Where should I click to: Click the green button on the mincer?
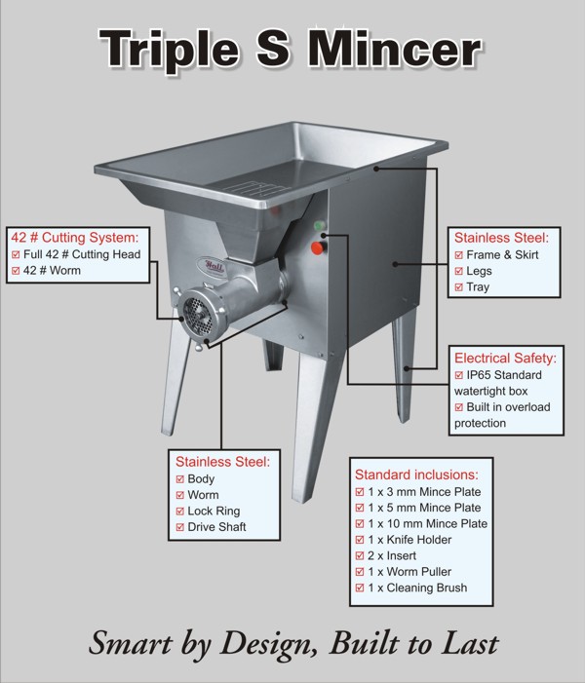[319, 228]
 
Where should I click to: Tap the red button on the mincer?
[316, 247]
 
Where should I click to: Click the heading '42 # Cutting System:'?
[75, 237]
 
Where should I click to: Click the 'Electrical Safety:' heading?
[504, 358]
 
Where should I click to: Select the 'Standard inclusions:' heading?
[416, 474]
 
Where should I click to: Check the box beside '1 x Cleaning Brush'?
[360, 588]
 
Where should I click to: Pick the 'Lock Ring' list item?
[214, 512]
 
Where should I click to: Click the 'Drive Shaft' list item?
[216, 527]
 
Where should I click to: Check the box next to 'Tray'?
[459, 287]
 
